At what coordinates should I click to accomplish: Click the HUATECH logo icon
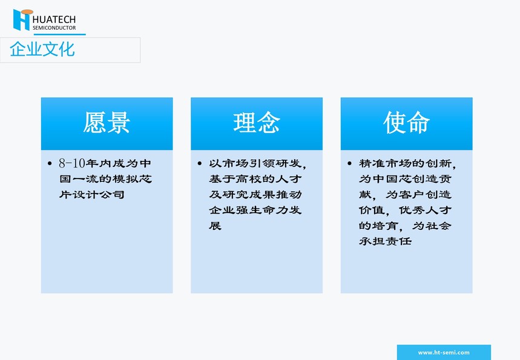click(22, 19)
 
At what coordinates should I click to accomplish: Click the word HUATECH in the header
click(54, 19)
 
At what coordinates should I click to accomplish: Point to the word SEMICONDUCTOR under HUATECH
click(54, 28)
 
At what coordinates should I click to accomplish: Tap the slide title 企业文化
click(42, 50)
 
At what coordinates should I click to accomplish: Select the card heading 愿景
click(107, 123)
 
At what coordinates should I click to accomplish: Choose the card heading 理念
click(256, 123)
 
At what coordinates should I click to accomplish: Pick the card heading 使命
click(406, 123)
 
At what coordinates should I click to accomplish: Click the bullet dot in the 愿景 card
click(50, 163)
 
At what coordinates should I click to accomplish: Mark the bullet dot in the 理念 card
click(200, 163)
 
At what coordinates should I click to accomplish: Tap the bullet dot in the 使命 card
click(349, 163)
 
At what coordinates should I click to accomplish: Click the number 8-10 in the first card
click(72, 163)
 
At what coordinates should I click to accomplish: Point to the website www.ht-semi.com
click(444, 352)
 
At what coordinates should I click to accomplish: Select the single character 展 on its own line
click(216, 226)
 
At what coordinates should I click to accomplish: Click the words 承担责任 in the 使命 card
click(386, 241)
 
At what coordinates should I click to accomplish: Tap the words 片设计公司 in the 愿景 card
click(92, 194)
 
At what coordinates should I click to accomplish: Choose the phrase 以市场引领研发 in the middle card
click(255, 163)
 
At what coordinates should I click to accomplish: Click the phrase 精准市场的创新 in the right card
click(405, 163)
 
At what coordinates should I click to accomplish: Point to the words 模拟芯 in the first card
click(133, 178)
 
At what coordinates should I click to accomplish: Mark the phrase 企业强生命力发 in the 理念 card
click(255, 210)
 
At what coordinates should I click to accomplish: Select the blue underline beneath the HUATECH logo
click(60, 34)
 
